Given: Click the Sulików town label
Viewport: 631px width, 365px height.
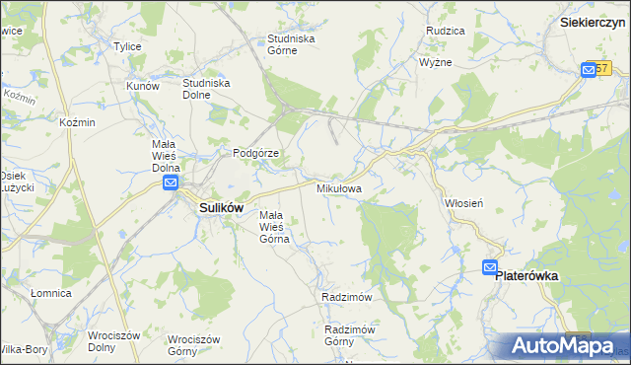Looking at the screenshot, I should pyautogui.click(x=222, y=208).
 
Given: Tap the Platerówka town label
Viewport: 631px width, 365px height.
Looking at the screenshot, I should pyautogui.click(x=526, y=277).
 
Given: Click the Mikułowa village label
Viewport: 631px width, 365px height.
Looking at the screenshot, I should pyautogui.click(x=338, y=187).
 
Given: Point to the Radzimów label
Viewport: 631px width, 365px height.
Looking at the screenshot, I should pyautogui.click(x=345, y=297).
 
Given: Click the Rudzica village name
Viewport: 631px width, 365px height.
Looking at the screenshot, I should pyautogui.click(x=445, y=32).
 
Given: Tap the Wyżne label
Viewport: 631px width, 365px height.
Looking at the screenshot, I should pyautogui.click(x=435, y=61).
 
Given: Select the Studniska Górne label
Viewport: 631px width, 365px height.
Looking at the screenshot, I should pyautogui.click(x=290, y=44).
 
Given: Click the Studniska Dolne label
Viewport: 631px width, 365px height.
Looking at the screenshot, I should pyautogui.click(x=206, y=89).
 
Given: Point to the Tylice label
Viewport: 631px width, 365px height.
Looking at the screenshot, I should pyautogui.click(x=127, y=46).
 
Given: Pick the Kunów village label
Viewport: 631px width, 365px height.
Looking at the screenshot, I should pyautogui.click(x=142, y=86).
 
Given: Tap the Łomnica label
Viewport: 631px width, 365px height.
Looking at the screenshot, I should pyautogui.click(x=50, y=293).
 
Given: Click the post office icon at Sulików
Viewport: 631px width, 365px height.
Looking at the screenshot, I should pyautogui.click(x=171, y=183).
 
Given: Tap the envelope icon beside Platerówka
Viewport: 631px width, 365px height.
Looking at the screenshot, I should pyautogui.click(x=490, y=267).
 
